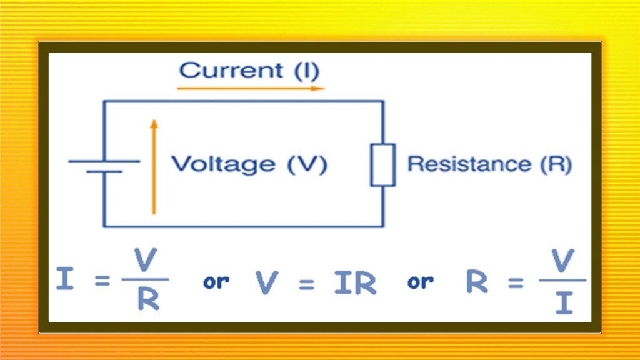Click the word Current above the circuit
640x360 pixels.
coord(231,69)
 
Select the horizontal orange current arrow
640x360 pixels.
coord(251,88)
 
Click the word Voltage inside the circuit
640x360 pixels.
coord(223,164)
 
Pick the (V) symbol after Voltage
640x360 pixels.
coord(306,164)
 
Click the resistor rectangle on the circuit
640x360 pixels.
coord(382,164)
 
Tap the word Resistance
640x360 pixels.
coord(469,164)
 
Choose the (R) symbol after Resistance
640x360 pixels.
coord(554,164)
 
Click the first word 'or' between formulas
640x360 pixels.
coord(216,282)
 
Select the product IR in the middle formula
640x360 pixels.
coord(354,282)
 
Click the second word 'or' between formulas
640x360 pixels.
coord(420,282)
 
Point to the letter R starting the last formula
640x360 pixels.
coord(477,282)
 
